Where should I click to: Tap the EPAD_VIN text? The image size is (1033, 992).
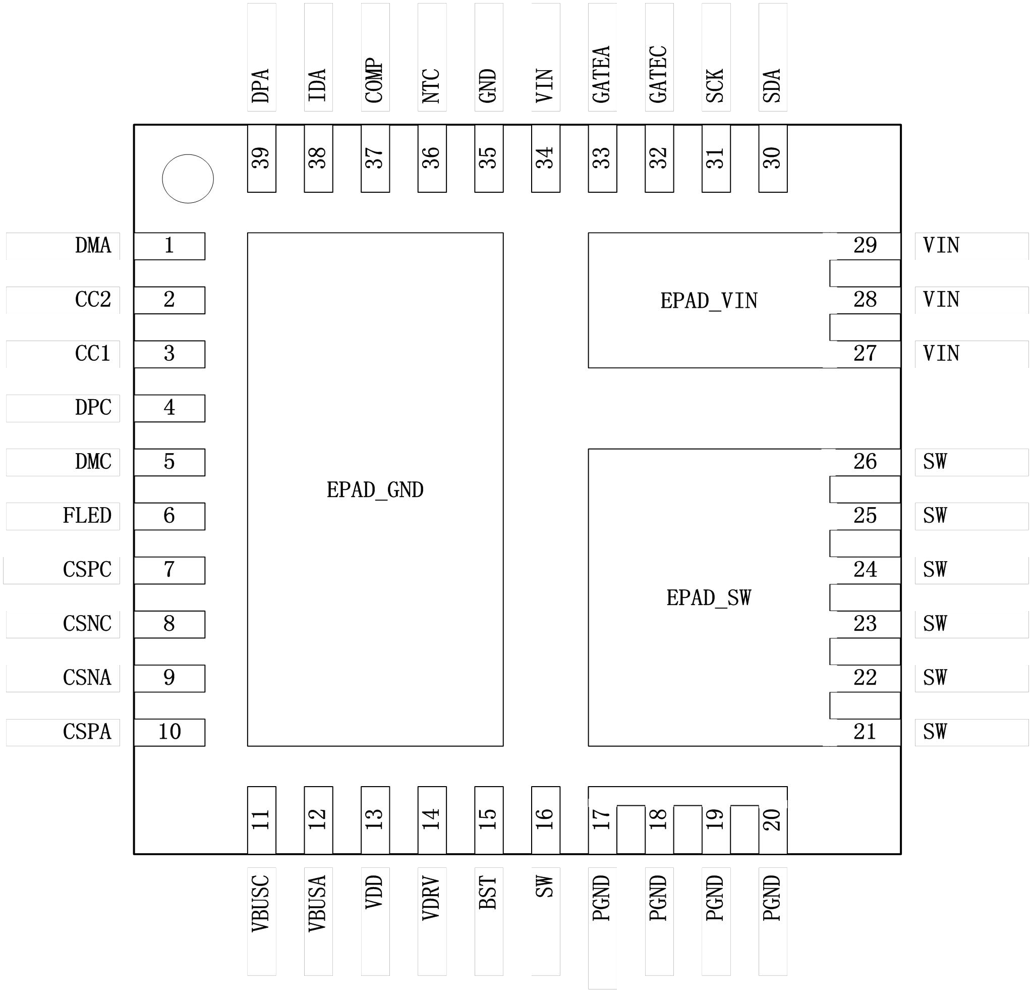pos(709,301)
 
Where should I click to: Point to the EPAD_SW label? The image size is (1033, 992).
pos(709,598)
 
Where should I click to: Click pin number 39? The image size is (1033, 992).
pos(261,157)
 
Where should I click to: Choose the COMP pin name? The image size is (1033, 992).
pos(374,80)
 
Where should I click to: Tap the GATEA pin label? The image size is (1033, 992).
pos(601,74)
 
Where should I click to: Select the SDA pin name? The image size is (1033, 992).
pos(772,86)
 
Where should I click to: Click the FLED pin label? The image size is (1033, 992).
pos(87,516)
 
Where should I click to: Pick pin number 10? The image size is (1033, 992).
pos(169,732)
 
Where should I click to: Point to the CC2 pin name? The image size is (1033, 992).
pos(93,299)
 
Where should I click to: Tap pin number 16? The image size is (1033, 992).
pos(545,819)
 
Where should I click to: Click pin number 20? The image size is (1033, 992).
pos(773,819)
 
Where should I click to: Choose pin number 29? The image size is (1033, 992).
pos(866,245)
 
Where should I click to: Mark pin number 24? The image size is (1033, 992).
pos(866,569)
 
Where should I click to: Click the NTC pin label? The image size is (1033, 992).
pos(431,86)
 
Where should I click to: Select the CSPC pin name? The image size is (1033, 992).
pos(87,570)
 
